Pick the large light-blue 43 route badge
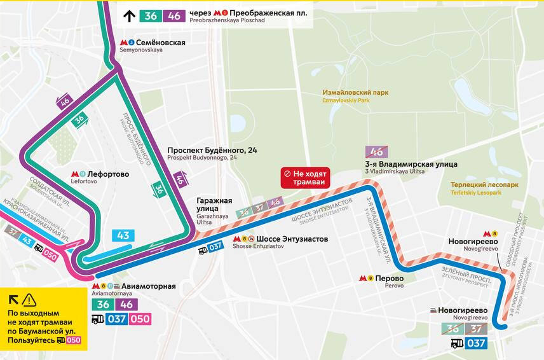[123, 235]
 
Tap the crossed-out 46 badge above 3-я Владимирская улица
[377, 151]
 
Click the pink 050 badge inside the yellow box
[74, 341]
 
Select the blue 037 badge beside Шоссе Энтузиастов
[215, 247]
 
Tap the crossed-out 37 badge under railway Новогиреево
[476, 329]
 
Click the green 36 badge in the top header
[151, 16]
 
